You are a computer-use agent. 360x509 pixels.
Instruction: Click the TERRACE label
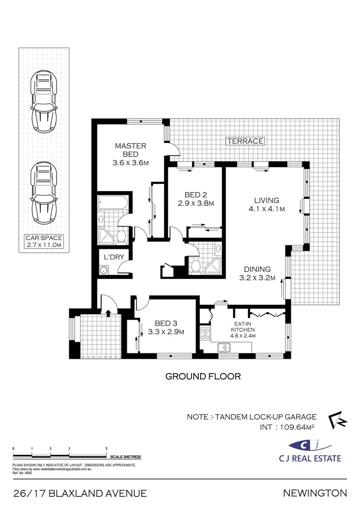(245, 141)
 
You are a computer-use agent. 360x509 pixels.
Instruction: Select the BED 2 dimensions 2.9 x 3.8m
(195, 203)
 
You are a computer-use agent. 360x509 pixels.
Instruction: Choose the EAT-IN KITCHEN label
(243, 327)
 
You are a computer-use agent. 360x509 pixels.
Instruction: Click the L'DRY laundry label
(114, 257)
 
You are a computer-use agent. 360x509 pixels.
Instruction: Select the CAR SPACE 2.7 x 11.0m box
(44, 241)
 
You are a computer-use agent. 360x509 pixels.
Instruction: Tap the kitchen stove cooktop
(205, 333)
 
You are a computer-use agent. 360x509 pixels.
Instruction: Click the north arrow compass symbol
(337, 420)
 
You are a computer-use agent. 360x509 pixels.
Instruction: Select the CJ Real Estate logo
(311, 449)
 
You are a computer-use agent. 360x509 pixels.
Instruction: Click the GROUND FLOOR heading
(203, 376)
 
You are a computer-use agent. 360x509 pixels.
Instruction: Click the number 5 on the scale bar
(106, 448)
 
